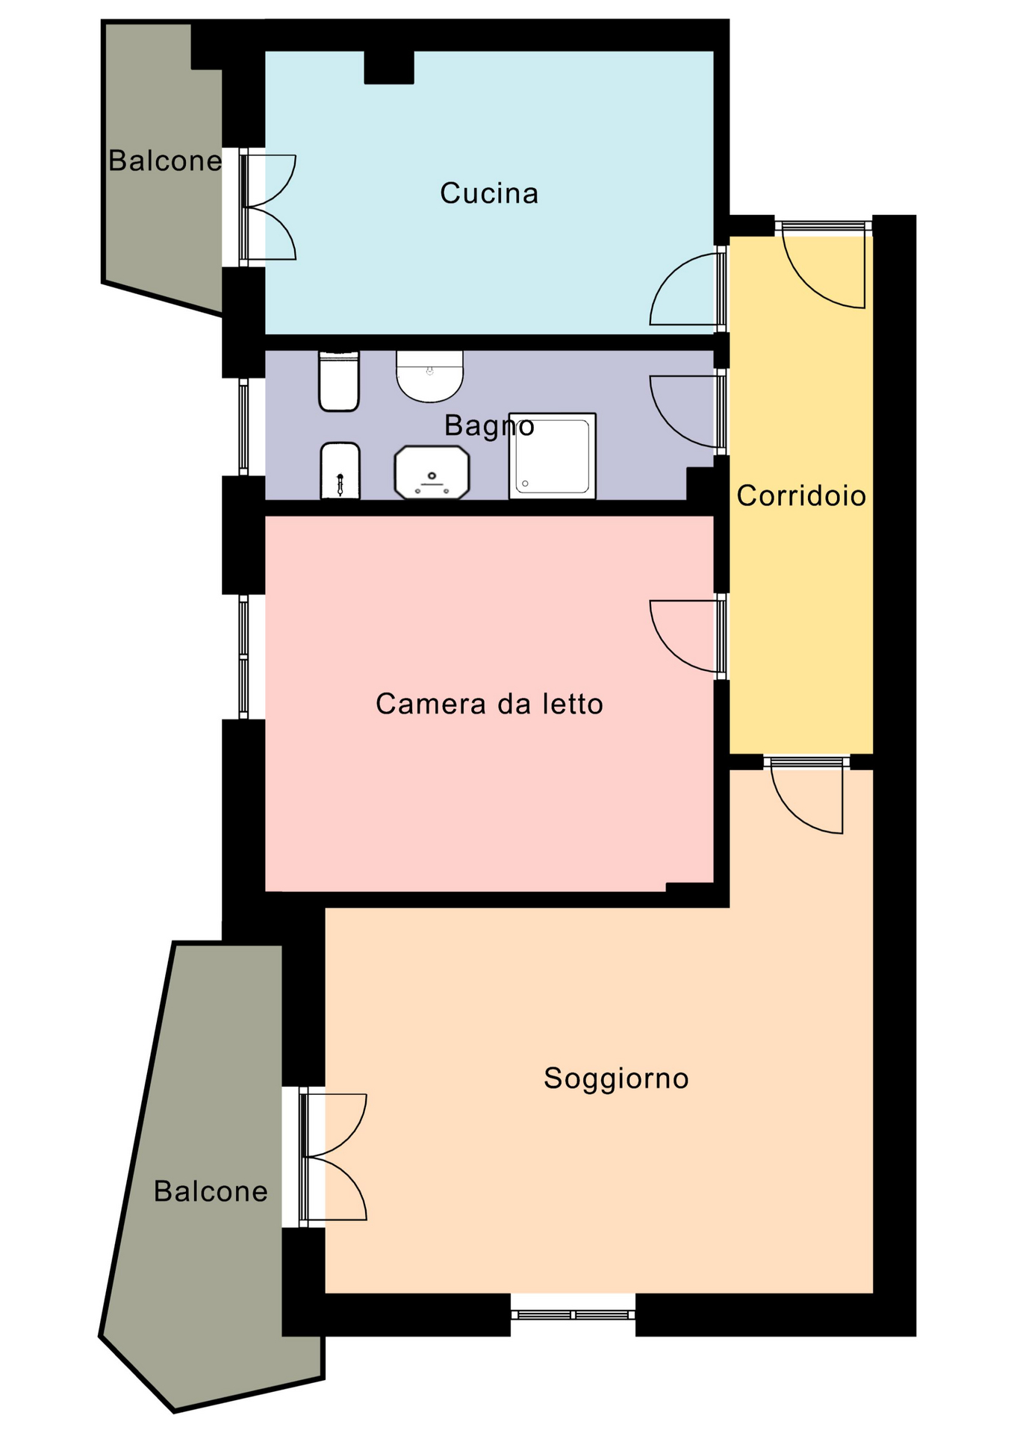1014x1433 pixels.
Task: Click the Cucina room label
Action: [489, 193]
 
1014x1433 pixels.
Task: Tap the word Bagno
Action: [489, 425]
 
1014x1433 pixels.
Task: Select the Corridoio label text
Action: [801, 496]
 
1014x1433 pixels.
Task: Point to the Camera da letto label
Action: [489, 704]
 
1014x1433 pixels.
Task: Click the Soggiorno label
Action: [616, 1078]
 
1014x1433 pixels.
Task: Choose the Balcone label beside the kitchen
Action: [165, 160]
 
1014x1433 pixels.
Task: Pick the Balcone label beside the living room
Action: [211, 1191]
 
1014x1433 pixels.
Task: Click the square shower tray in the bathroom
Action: [553, 455]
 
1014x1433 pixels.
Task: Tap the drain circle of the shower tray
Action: [526, 484]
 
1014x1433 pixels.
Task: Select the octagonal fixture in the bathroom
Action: [432, 472]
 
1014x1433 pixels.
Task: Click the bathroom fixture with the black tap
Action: [340, 470]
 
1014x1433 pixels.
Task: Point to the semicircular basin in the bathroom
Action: [429, 375]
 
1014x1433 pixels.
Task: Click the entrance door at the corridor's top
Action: [824, 265]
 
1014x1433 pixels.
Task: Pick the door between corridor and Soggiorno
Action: [806, 794]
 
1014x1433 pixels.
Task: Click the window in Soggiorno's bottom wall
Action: [573, 1314]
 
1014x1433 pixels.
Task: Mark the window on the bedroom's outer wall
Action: [243, 657]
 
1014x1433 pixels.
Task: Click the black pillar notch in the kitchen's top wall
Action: [389, 67]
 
